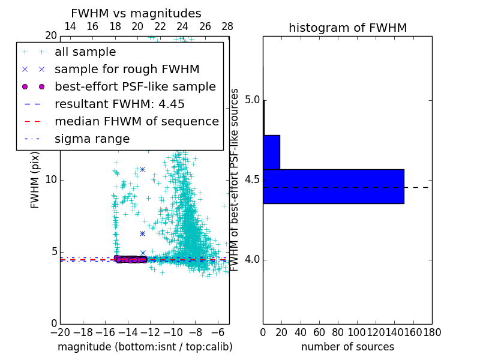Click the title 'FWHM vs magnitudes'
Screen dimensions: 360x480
(136, 14)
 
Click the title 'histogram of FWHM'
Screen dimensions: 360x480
(347, 28)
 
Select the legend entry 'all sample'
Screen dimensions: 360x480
(85, 52)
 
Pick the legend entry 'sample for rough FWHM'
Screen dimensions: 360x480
(127, 69)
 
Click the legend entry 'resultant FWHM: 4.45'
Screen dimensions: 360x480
(119, 104)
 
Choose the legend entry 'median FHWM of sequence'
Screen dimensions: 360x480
(136, 121)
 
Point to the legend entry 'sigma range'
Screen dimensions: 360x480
(92, 139)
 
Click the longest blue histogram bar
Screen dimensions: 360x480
(333, 187)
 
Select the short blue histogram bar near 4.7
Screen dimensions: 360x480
(271, 152)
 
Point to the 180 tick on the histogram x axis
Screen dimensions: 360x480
(431, 332)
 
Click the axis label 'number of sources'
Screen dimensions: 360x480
(347, 347)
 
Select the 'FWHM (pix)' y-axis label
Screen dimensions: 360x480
(35, 179)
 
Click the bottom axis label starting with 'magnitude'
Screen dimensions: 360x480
(145, 347)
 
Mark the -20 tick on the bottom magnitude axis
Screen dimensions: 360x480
(60, 332)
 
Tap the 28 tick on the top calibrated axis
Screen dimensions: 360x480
(227, 26)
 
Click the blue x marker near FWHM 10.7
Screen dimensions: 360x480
(142, 169)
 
